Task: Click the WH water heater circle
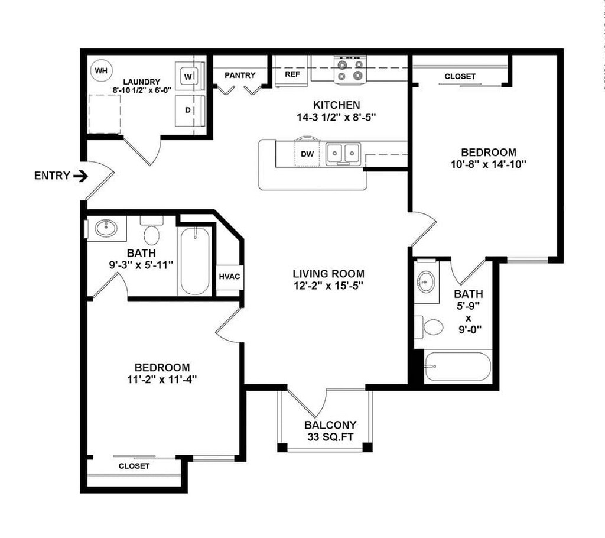pos(101,71)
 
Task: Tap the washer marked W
pos(189,76)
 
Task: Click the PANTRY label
pos(240,75)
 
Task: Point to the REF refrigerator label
pos(292,74)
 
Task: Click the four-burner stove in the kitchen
pos(349,70)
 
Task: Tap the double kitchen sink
pos(344,153)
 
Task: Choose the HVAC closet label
pos(229,276)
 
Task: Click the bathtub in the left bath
pos(195,261)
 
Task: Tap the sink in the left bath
pos(106,228)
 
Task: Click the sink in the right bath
pos(426,281)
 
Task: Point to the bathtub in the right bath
pos(457,367)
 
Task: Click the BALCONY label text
pos(330,425)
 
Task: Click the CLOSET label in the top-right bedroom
pos(460,76)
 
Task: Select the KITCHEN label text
pos(337,105)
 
